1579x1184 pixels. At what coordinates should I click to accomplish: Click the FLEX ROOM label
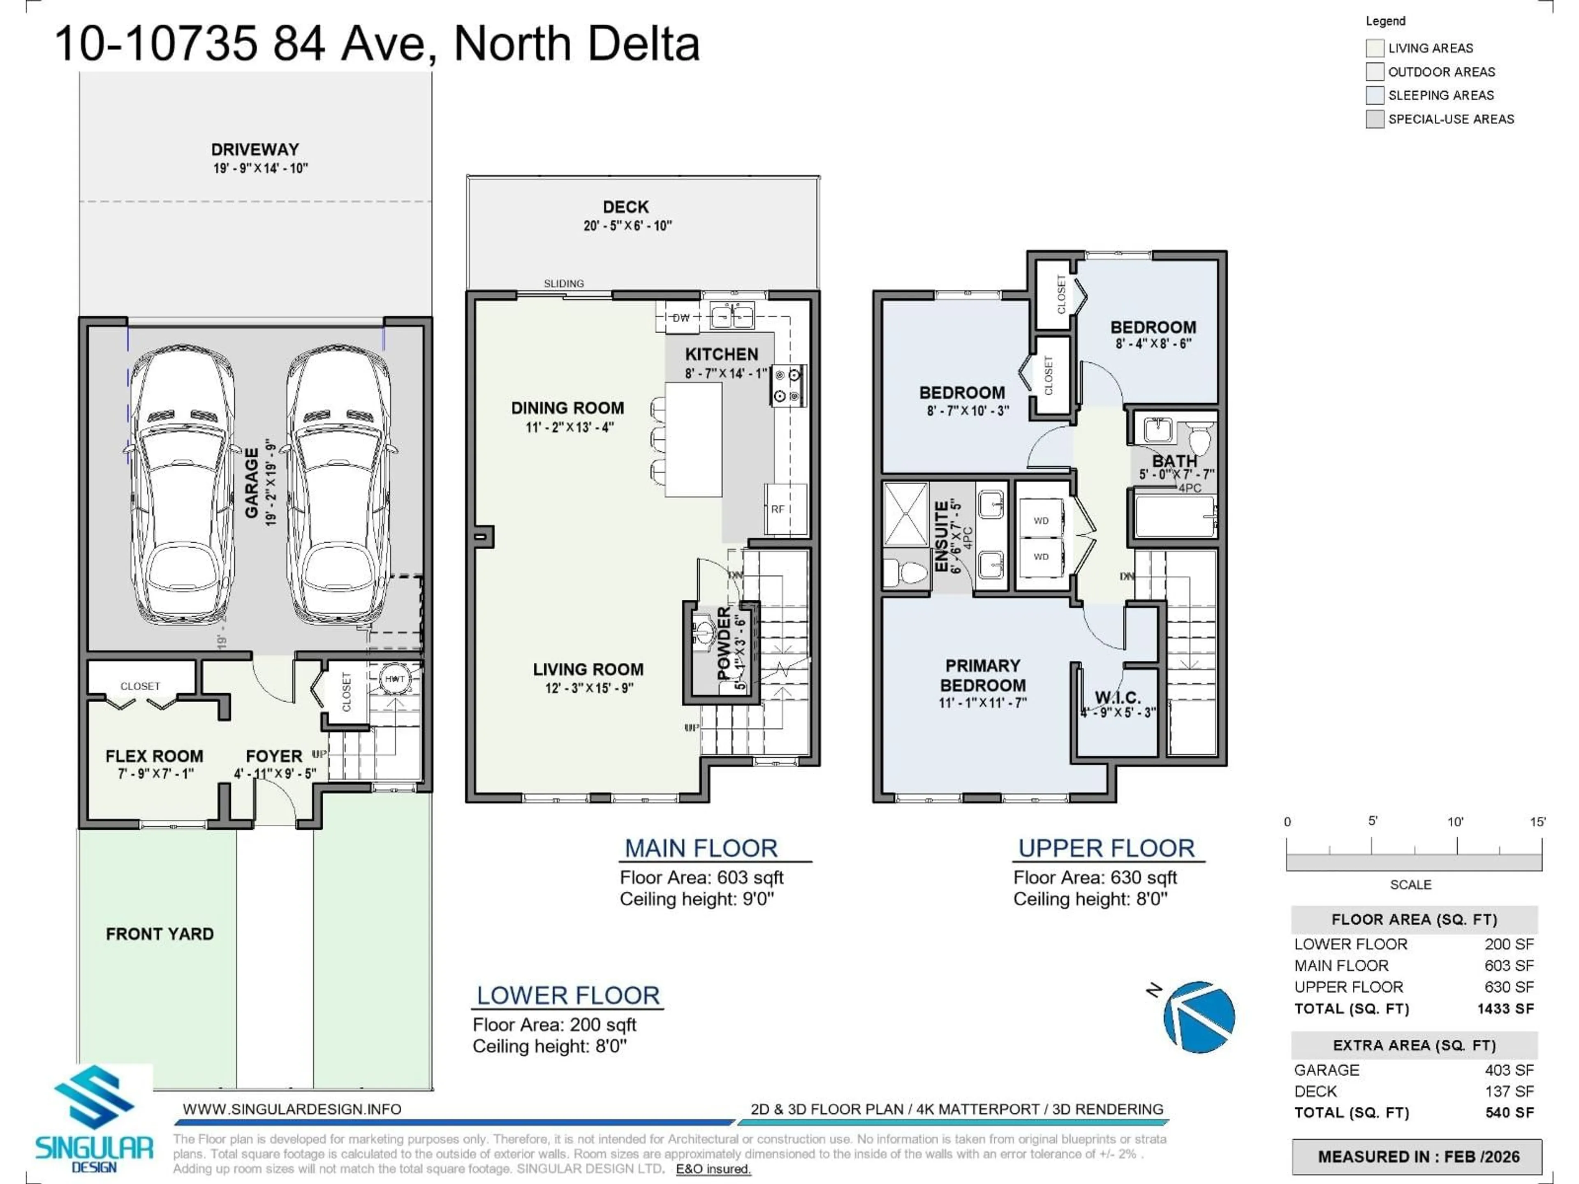click(154, 756)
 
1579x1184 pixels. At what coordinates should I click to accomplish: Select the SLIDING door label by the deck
click(563, 283)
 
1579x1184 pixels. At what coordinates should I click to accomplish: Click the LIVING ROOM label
click(588, 669)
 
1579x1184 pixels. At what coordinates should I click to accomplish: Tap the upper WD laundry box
click(1041, 521)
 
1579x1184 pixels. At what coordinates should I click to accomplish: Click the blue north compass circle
click(1199, 1017)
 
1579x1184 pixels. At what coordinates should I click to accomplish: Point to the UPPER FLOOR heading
click(1106, 848)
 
